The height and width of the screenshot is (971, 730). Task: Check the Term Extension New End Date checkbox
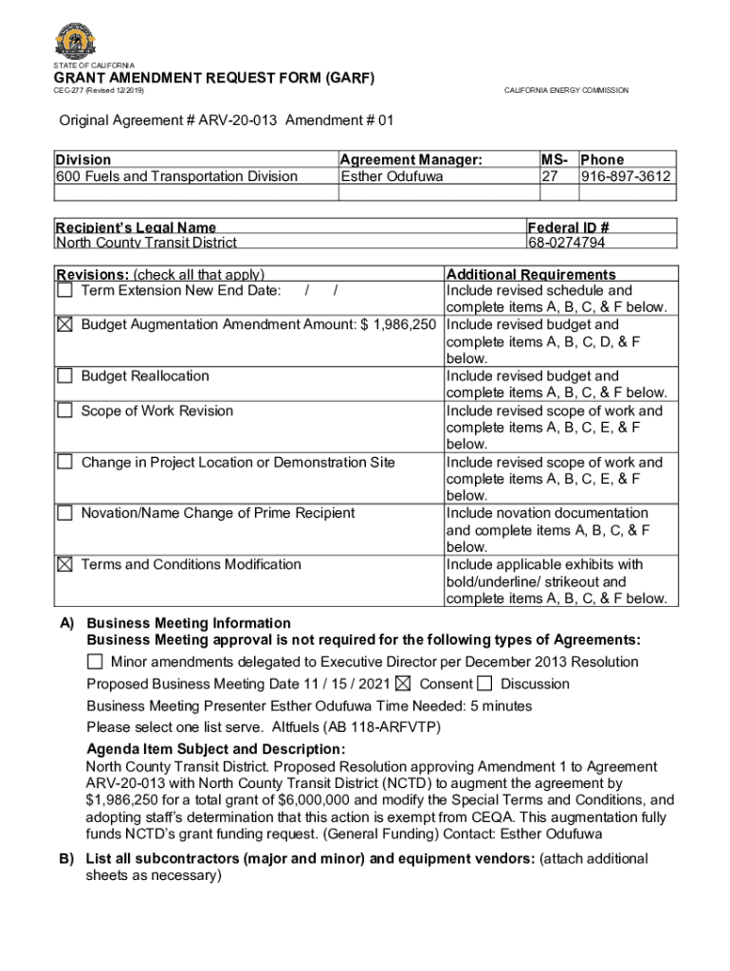point(64,289)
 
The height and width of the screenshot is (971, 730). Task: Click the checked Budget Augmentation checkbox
point(64,324)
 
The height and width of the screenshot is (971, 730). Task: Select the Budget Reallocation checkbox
point(64,376)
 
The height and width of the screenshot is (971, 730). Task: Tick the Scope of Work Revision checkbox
point(64,411)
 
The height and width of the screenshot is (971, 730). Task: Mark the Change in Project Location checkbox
point(64,462)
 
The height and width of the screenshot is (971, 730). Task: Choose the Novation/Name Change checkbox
point(64,513)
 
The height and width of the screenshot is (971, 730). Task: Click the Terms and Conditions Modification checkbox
point(64,564)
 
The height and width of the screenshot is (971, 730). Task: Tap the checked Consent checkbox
point(403,684)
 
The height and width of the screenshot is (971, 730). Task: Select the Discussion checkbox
point(485,684)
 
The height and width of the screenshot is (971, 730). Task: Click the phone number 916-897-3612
point(626,176)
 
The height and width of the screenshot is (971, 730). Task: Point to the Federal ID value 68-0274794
point(567,243)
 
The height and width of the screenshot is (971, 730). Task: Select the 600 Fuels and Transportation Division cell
point(176,176)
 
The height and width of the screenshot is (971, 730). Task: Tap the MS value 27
point(549,176)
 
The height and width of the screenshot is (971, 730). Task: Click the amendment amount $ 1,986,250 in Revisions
point(397,324)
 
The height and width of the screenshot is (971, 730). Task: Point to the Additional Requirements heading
point(531,274)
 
